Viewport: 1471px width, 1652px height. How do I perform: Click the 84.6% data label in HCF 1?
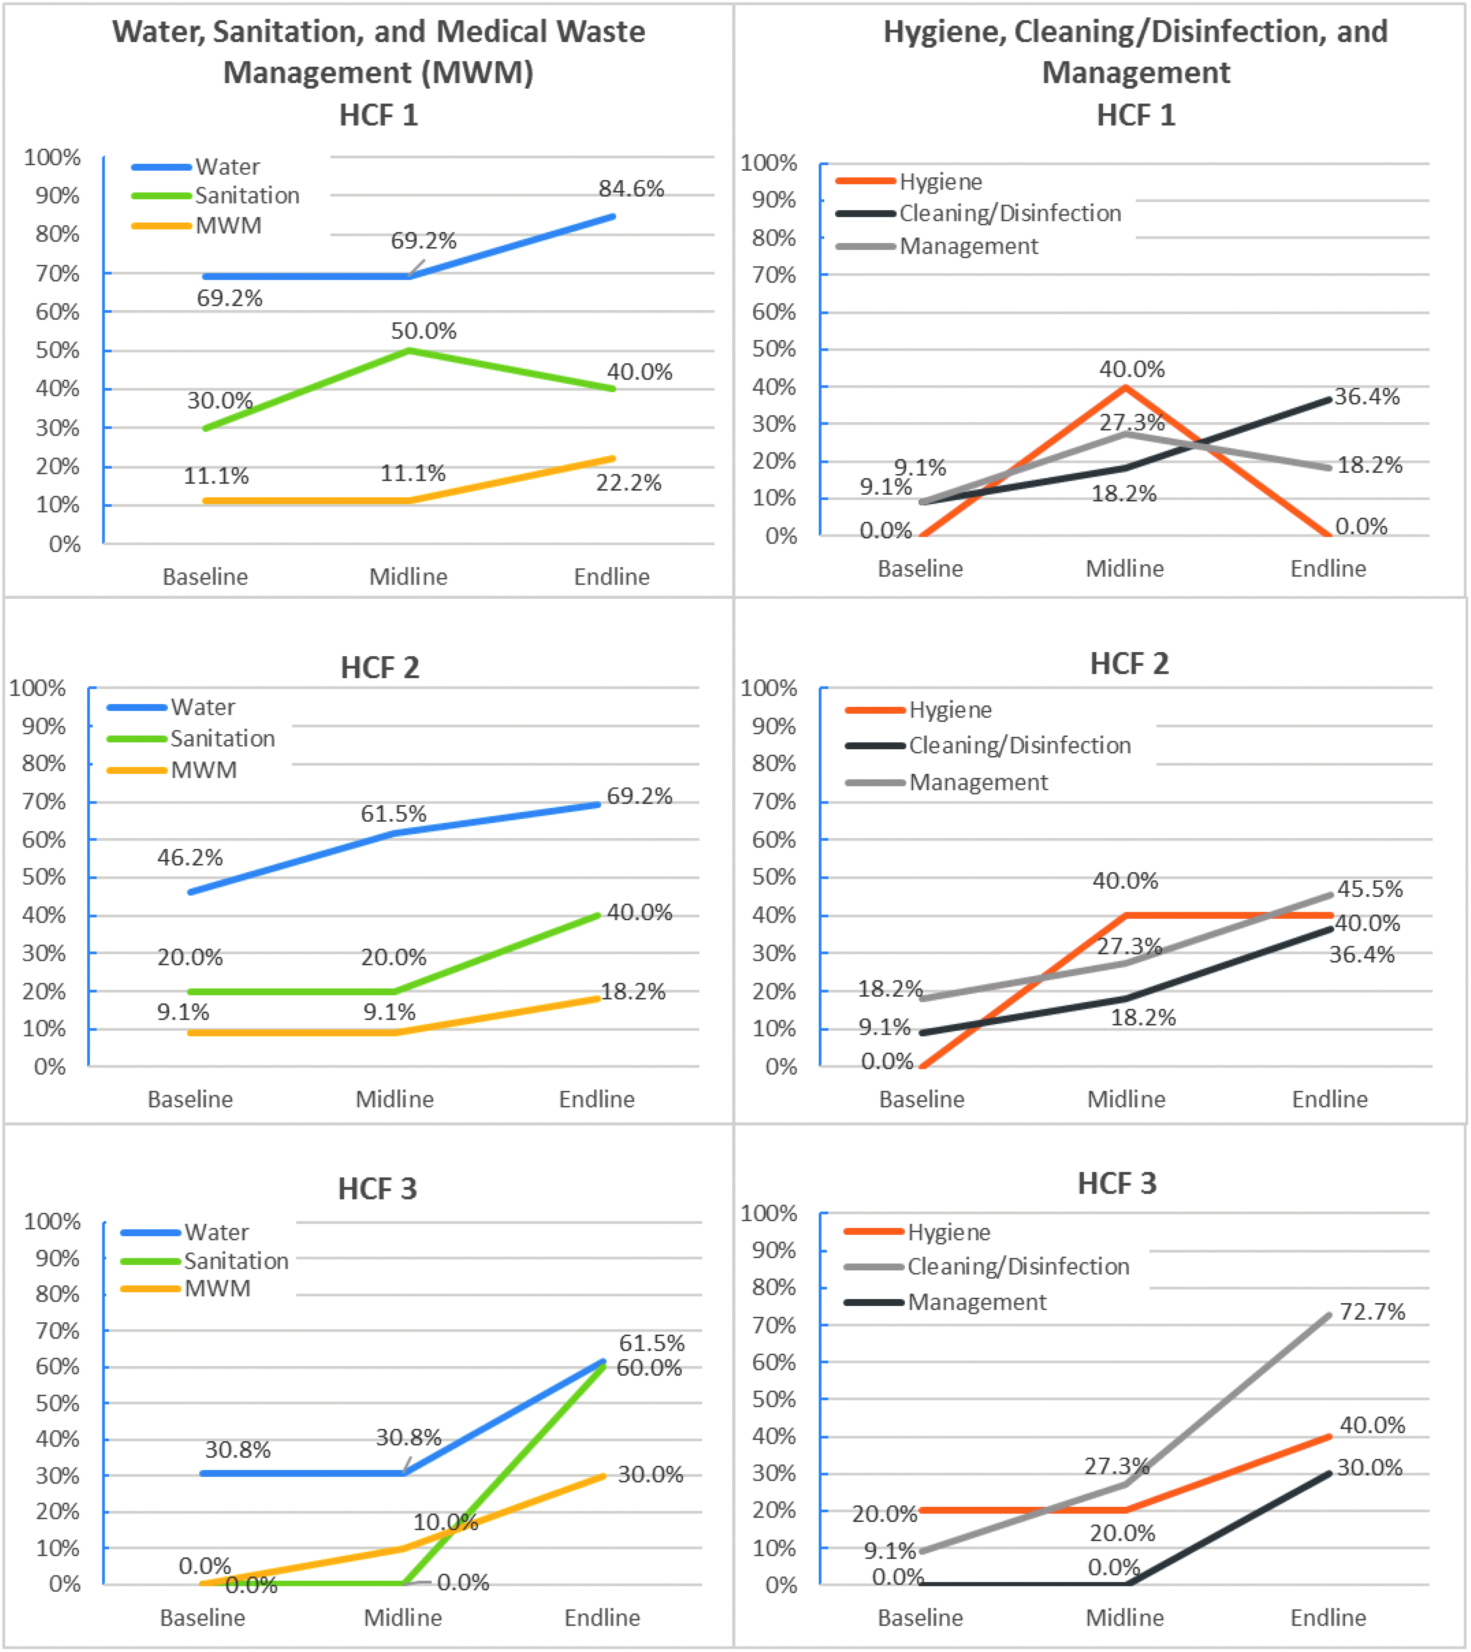631,188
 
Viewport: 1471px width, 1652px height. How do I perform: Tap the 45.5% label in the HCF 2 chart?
1370,889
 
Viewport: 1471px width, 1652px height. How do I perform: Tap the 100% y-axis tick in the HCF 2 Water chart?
37,688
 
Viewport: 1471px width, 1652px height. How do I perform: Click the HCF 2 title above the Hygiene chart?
1129,663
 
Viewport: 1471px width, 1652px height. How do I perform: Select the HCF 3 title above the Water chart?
378,1189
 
